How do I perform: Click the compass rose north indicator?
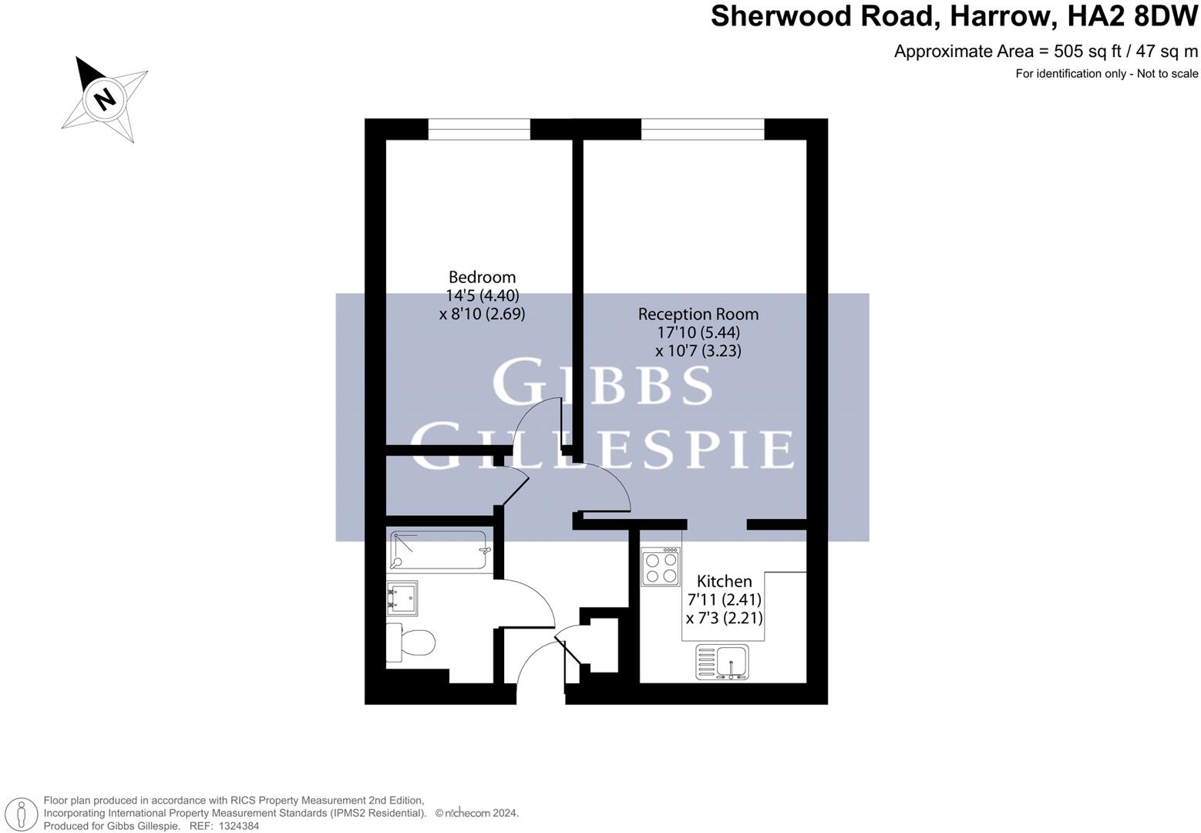pos(104,99)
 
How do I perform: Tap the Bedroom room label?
pos(482,277)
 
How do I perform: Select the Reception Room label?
pos(698,314)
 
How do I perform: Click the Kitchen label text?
pos(724,581)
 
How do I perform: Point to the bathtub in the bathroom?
pos(439,551)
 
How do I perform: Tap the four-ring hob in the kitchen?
pos(661,566)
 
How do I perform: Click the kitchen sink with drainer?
pos(722,663)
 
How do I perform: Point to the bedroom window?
pos(479,129)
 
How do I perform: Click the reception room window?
pos(702,129)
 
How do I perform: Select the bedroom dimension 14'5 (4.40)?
pos(482,295)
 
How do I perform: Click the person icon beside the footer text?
pos(22,814)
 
